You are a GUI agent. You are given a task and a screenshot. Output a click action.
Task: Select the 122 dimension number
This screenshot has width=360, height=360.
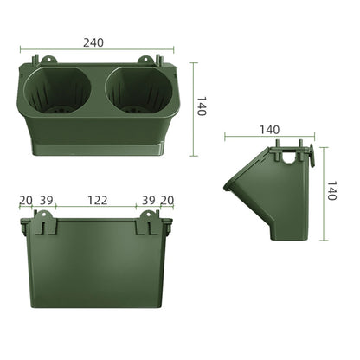coord(98,200)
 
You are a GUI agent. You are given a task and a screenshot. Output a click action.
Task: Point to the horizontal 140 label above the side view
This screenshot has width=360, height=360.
coord(269,129)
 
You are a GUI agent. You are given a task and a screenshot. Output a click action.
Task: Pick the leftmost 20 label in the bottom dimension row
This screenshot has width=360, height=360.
coord(26,200)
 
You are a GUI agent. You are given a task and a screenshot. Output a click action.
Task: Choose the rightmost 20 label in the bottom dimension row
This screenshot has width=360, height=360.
coord(166,200)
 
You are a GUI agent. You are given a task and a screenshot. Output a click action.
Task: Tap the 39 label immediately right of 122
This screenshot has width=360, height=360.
coord(148,200)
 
